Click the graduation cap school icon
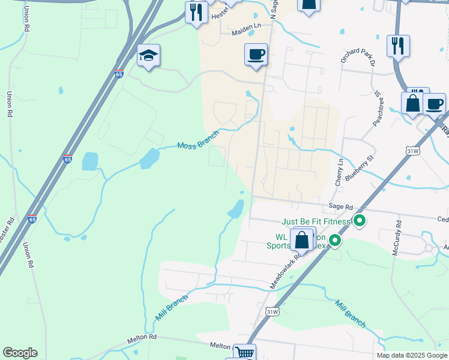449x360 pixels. tap(148, 56)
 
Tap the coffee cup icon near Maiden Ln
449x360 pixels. tap(256, 55)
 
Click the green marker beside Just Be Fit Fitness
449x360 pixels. tap(360, 222)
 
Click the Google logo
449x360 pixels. tap(20, 353)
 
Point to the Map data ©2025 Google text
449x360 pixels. tap(411, 355)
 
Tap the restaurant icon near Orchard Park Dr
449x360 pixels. tap(398, 46)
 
